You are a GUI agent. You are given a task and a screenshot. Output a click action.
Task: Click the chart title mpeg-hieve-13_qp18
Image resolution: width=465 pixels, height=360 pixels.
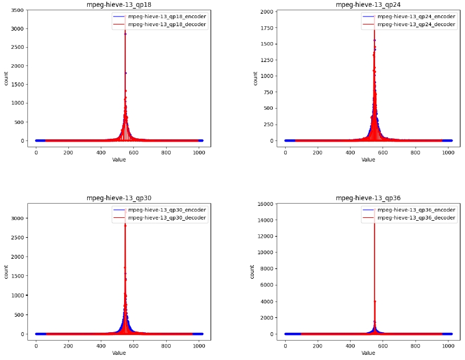pyautogui.click(x=119, y=4)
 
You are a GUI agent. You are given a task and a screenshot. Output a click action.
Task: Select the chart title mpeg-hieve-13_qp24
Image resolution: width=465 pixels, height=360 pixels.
pyautogui.click(x=368, y=4)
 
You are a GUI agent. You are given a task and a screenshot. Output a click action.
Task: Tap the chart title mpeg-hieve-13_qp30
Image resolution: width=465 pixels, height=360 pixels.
pyautogui.click(x=119, y=198)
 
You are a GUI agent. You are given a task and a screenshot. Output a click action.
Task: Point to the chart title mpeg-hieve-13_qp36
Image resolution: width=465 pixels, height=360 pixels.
pyautogui.click(x=368, y=198)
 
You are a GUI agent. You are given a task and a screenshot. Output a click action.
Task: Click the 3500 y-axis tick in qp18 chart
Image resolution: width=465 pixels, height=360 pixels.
pyautogui.click(x=17, y=11)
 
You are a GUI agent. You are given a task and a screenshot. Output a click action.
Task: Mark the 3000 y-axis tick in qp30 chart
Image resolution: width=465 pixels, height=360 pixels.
pyautogui.click(x=17, y=218)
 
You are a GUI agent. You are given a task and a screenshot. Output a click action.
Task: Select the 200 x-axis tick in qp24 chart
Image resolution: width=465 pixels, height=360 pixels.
pyautogui.click(x=318, y=152)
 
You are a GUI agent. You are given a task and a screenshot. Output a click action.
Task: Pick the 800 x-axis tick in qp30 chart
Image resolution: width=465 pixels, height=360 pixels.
pyautogui.click(x=166, y=346)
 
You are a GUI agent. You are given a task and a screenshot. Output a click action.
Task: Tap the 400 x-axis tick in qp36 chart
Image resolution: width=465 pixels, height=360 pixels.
pyautogui.click(x=350, y=346)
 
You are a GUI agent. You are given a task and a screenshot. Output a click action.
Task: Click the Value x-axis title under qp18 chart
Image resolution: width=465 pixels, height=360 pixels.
pyautogui.click(x=119, y=160)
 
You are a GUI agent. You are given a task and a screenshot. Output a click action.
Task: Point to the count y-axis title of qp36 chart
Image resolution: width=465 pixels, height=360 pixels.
pyautogui.click(x=253, y=271)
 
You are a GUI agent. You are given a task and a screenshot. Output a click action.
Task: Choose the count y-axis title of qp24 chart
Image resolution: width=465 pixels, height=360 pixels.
pyautogui.click(x=255, y=78)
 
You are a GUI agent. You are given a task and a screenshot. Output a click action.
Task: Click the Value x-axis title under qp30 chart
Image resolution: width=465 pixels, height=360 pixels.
pyautogui.click(x=119, y=353)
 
